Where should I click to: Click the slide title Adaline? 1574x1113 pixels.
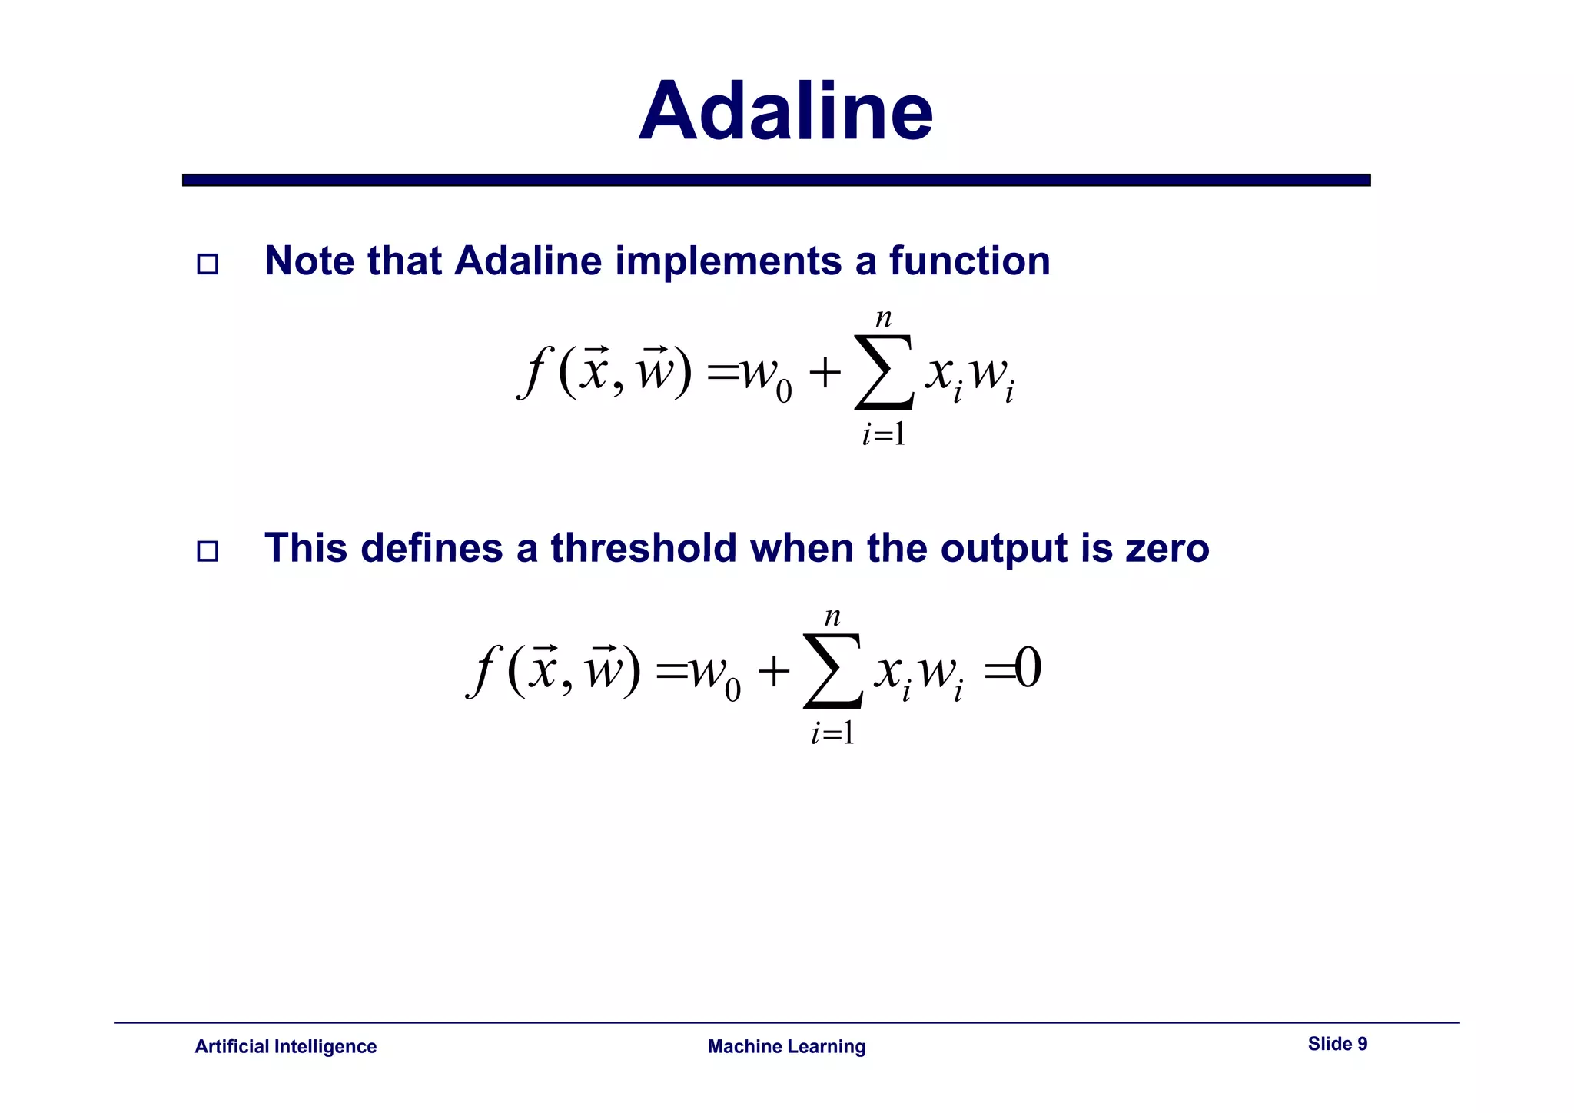tap(785, 112)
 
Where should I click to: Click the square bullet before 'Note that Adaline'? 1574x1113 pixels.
tap(208, 264)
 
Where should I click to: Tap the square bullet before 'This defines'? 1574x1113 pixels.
tap(208, 551)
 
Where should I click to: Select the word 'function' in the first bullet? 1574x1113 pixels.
tap(969, 261)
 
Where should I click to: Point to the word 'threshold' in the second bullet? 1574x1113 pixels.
tap(643, 549)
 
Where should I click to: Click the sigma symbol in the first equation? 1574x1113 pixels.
tap(885, 374)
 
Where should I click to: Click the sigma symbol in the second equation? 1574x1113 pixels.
tap(833, 671)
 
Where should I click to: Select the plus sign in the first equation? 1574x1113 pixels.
tap(825, 374)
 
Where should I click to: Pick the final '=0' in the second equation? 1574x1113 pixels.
tap(1013, 669)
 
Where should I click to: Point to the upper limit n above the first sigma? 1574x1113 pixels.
tap(884, 318)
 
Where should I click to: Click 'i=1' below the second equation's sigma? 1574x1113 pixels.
tap(832, 733)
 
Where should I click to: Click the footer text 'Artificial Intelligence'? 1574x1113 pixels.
tap(285, 1046)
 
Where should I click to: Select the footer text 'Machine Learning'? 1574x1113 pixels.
tap(786, 1046)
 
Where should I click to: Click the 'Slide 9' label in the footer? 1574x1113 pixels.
tap(1337, 1044)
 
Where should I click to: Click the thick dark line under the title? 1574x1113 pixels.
tap(776, 180)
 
